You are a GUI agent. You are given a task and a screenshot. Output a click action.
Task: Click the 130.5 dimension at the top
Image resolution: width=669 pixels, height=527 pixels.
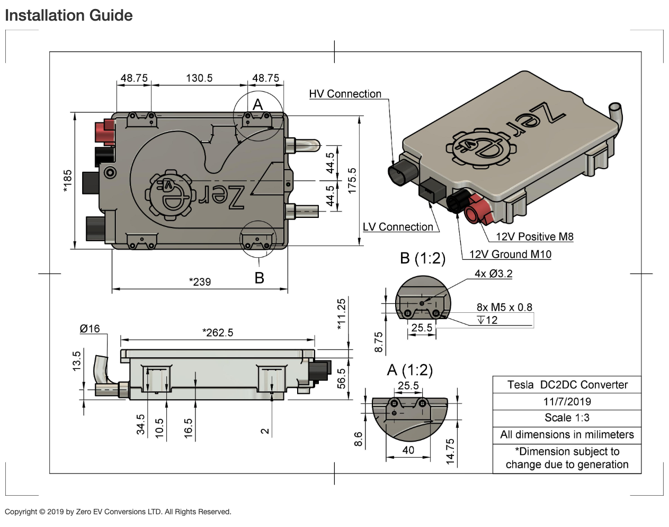[199, 78]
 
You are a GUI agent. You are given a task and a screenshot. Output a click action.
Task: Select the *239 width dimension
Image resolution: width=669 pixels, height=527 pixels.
[200, 282]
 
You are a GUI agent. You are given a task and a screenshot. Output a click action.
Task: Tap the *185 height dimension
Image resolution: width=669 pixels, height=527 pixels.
[68, 181]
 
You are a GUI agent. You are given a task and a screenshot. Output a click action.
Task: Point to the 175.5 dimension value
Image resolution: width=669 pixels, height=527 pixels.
[352, 181]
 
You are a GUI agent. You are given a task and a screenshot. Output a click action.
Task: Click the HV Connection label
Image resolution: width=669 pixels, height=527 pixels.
[345, 94]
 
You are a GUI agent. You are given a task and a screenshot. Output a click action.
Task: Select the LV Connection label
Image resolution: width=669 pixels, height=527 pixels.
[398, 227]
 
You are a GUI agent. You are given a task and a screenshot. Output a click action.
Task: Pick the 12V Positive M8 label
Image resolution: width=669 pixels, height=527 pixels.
[534, 236]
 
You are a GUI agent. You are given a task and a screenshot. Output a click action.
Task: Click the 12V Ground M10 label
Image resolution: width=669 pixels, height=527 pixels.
[510, 254]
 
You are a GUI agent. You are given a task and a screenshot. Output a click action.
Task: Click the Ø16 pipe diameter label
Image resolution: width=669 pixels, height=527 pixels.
[90, 329]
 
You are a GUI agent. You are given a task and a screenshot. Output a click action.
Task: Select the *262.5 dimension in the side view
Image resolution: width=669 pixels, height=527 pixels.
[218, 332]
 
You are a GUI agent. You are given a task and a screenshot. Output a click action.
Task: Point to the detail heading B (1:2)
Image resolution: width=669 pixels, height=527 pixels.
[423, 258]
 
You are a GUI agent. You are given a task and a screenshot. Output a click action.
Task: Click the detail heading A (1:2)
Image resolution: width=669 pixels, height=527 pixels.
[409, 370]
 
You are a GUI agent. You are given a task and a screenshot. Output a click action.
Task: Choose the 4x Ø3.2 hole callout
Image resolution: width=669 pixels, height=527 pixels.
[493, 274]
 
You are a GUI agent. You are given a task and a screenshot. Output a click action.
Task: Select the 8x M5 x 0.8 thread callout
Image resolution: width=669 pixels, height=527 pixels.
[504, 307]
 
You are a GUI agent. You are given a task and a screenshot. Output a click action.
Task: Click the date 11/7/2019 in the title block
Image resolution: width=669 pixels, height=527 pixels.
[567, 401]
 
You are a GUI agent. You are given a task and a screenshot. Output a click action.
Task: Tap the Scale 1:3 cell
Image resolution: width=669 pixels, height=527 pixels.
[567, 418]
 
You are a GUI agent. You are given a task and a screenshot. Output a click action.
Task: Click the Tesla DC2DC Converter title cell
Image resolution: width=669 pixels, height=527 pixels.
[567, 385]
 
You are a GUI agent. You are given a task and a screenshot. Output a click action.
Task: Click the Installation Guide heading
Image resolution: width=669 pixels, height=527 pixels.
[69, 15]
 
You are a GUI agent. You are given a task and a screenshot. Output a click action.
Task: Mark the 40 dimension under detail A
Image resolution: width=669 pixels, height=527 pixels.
[408, 450]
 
